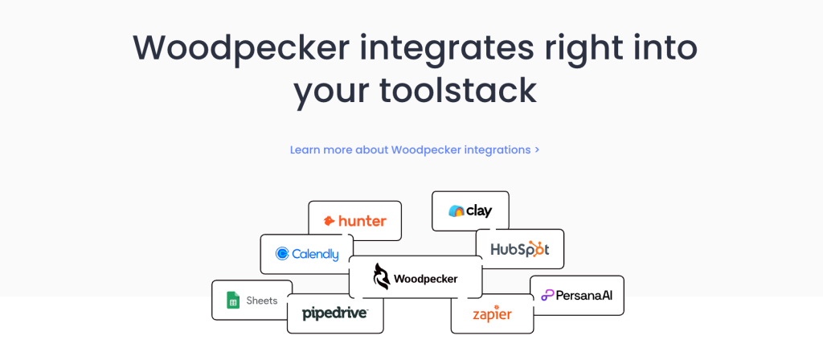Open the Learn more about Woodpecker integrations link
click(410, 149)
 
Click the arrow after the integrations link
click(537, 149)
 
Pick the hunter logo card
click(354, 221)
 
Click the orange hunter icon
click(330, 221)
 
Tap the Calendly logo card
click(305, 254)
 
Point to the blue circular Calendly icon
click(282, 254)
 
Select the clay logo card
click(470, 211)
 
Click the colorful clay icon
click(456, 211)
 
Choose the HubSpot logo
click(519, 249)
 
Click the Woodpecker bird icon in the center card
click(381, 277)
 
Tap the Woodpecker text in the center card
click(425, 279)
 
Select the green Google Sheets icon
click(233, 301)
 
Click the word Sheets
click(262, 301)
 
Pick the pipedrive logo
click(334, 313)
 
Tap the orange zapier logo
click(492, 313)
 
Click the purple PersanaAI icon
click(547, 296)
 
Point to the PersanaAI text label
click(584, 296)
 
